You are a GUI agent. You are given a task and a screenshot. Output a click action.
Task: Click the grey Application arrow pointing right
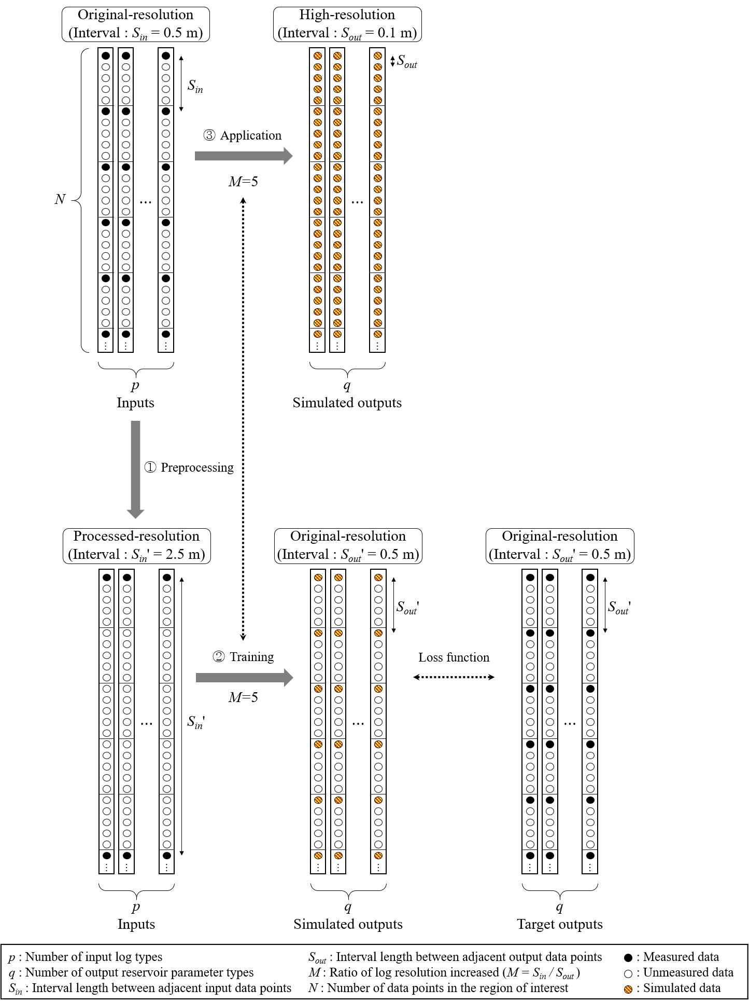tap(244, 156)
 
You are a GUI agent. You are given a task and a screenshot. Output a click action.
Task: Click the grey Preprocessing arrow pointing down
tap(136, 470)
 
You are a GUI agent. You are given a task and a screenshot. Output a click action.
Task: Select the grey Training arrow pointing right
tap(244, 677)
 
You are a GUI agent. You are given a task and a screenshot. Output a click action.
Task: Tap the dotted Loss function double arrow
tap(454, 677)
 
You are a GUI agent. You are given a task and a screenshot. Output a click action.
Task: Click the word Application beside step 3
tap(251, 135)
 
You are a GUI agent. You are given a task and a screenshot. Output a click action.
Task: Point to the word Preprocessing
tap(197, 468)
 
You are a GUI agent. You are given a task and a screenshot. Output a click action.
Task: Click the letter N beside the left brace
tap(60, 199)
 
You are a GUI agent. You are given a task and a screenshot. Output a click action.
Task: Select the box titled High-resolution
tap(347, 24)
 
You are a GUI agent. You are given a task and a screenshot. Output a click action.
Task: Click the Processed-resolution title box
tap(137, 546)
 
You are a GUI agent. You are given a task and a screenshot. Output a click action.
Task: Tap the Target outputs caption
tap(560, 924)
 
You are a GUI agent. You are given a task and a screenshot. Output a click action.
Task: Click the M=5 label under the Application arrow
tap(243, 182)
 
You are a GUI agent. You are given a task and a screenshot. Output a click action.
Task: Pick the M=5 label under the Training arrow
tap(243, 697)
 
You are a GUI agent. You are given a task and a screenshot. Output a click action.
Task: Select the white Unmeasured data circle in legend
tap(628, 973)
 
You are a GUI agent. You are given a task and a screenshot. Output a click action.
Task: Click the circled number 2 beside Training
tap(219, 657)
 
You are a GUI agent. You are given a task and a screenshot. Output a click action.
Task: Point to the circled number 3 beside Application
tap(209, 135)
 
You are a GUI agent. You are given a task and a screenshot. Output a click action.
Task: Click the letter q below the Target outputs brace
tap(559, 907)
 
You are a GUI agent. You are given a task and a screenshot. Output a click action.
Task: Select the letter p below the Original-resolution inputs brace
tap(135, 386)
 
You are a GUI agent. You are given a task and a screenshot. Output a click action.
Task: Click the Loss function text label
tap(454, 657)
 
